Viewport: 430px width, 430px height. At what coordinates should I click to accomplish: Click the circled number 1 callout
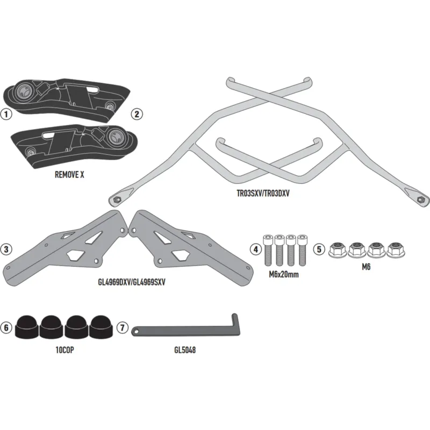click(x=6, y=114)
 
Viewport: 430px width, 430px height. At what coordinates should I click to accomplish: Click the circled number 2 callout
click(x=137, y=114)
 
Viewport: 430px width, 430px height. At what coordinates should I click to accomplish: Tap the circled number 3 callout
click(x=6, y=249)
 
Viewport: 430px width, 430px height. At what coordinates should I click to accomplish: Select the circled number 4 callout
click(x=256, y=249)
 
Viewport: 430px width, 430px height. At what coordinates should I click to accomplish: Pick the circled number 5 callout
click(x=319, y=249)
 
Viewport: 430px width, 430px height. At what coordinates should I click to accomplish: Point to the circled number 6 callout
click(x=6, y=327)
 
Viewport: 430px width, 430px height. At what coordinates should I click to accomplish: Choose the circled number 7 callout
click(x=123, y=327)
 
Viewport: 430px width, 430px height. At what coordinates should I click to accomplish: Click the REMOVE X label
click(x=69, y=175)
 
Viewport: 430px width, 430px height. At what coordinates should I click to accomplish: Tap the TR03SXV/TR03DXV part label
click(x=263, y=193)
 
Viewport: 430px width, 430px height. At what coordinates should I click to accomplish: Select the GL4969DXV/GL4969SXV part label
click(x=132, y=282)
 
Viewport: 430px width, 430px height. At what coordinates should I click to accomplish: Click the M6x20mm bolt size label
click(x=284, y=274)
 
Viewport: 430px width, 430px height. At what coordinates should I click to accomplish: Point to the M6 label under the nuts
click(x=366, y=267)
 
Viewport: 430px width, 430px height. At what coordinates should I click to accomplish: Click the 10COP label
click(x=64, y=350)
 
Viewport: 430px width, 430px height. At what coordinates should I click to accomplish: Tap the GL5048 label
click(x=185, y=350)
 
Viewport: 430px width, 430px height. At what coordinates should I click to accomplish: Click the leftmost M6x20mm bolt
click(x=268, y=250)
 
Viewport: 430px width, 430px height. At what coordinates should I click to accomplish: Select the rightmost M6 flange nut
click(x=396, y=249)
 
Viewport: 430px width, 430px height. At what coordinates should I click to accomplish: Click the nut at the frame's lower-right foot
click(x=420, y=199)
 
